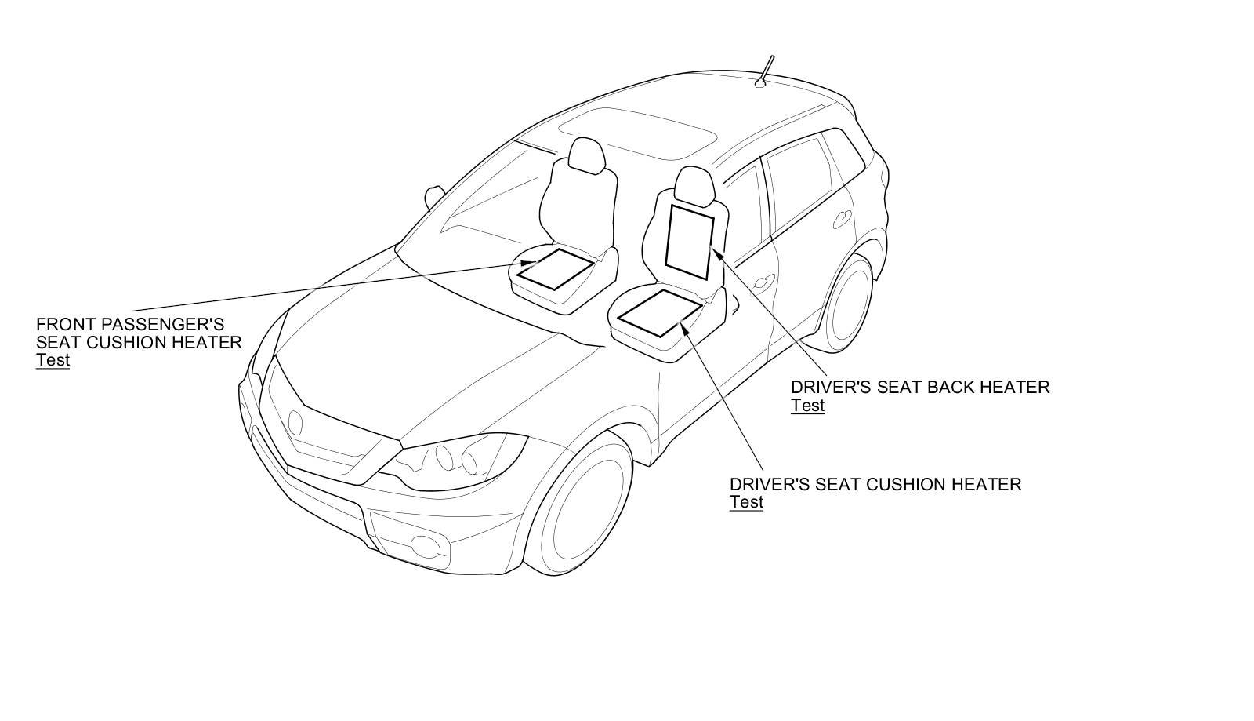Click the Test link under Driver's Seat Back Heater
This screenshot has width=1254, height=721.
click(x=807, y=406)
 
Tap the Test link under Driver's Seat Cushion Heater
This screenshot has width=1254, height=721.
click(x=746, y=502)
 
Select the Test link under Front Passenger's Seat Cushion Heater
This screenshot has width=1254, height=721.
click(x=53, y=360)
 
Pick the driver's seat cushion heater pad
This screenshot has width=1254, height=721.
click(x=658, y=312)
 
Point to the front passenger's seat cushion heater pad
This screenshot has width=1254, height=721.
click(x=556, y=269)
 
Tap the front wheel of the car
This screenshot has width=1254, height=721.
click(x=583, y=502)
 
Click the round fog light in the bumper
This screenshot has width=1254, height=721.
click(x=426, y=543)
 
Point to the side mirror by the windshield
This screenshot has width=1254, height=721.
click(x=434, y=195)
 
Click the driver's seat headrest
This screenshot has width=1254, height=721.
click(x=694, y=185)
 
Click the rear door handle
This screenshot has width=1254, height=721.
click(x=843, y=217)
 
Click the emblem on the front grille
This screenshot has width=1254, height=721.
click(x=295, y=422)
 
